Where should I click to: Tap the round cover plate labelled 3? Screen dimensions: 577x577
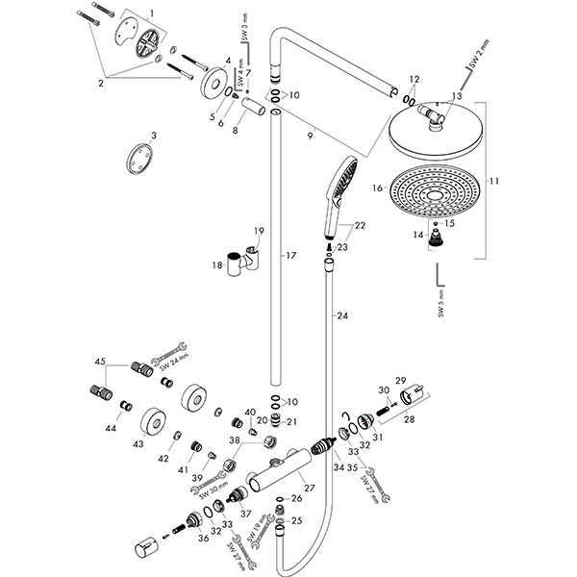click(x=140, y=159)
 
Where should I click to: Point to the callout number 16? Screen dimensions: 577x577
click(x=379, y=188)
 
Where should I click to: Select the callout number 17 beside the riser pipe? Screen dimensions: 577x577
click(x=288, y=257)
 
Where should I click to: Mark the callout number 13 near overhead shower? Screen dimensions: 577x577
click(x=456, y=95)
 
